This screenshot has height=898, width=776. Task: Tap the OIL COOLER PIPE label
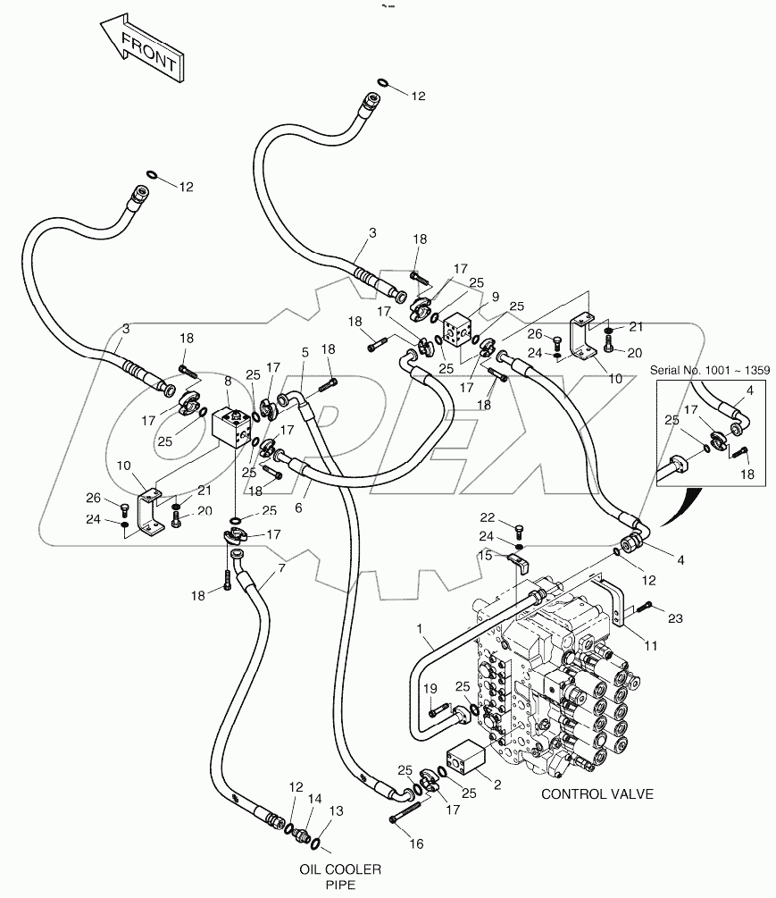click(340, 877)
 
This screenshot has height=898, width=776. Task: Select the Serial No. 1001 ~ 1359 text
click(712, 370)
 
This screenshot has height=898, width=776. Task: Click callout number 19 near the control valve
click(430, 689)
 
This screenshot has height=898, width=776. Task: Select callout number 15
click(486, 556)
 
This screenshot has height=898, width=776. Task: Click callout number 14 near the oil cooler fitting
click(313, 799)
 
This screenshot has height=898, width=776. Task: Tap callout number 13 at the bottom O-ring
click(337, 811)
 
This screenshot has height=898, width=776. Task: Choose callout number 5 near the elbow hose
click(305, 353)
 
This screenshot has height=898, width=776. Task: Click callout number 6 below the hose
click(297, 508)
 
